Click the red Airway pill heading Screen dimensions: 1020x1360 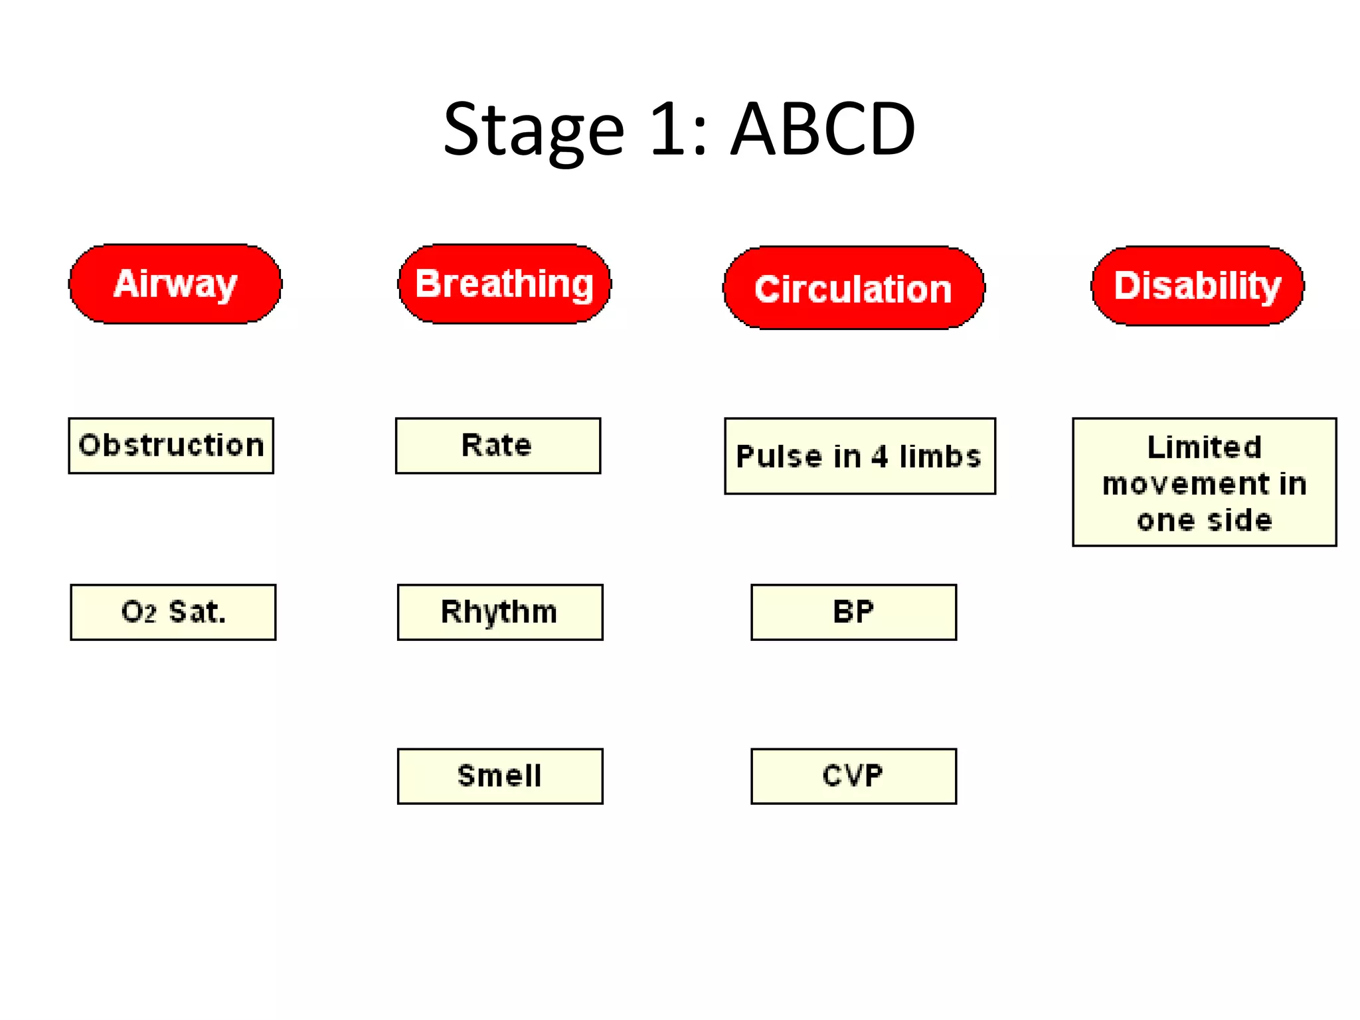[x=175, y=284]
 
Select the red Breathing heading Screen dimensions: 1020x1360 [x=504, y=284]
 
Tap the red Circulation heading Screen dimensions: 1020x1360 [x=853, y=288]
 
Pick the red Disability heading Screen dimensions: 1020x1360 [x=1197, y=286]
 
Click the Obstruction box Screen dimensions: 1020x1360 [x=171, y=446]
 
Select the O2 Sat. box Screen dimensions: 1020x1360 [x=173, y=612]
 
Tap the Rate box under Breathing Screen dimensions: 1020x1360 [x=498, y=446]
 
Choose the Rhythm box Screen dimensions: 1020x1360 [x=500, y=612]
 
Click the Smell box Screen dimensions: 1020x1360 [x=500, y=776]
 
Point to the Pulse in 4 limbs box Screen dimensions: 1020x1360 [x=860, y=456]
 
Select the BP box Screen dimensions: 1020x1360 [x=853, y=612]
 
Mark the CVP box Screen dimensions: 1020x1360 [x=853, y=776]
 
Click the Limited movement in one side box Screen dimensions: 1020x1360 [x=1204, y=482]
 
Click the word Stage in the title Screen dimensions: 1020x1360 [x=533, y=130]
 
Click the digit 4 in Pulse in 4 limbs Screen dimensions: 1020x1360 [x=880, y=457]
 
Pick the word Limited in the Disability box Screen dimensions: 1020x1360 [x=1204, y=448]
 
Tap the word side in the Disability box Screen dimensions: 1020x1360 [x=1239, y=521]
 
